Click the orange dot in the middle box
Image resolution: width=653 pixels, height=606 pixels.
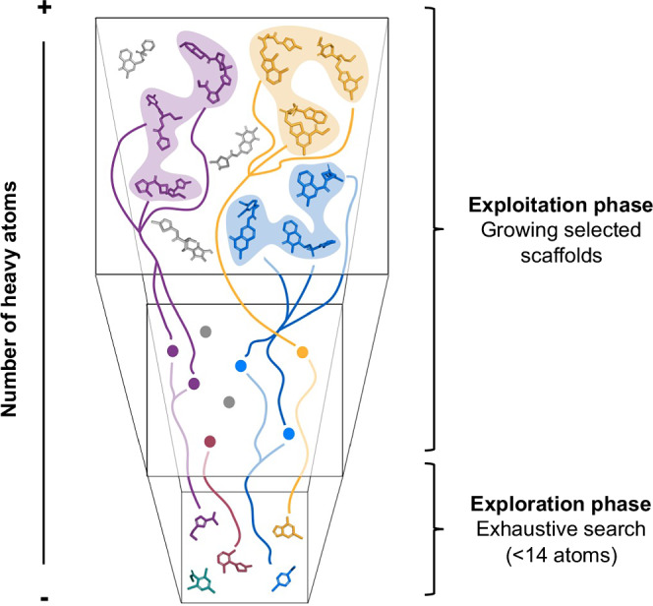click(302, 351)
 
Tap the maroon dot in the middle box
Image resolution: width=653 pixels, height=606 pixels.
click(208, 442)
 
